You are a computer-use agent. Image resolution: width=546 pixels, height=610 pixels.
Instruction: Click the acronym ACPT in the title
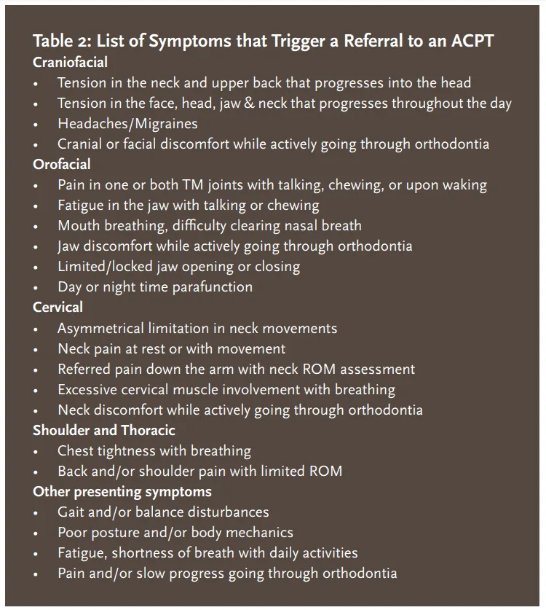[467, 41]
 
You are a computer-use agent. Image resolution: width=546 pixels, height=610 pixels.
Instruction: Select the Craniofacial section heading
[70, 63]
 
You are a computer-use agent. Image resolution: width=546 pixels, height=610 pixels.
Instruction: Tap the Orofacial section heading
[62, 165]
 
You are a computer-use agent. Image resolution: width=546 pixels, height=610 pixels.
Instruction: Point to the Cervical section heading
[58, 308]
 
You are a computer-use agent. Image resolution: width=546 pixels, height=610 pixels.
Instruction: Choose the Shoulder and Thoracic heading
[103, 430]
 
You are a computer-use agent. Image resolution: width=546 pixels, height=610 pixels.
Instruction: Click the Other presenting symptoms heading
[122, 491]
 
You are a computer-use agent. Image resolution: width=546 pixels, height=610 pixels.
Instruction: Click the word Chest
[76, 451]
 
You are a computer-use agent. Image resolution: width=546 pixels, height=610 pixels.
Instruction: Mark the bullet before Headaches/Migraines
[36, 125]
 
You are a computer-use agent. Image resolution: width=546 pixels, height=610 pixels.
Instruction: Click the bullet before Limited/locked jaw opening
[36, 267]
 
